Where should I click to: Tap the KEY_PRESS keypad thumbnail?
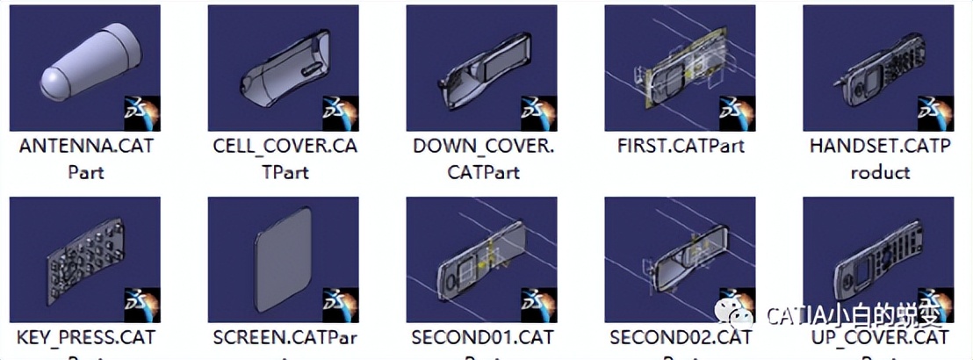click(x=85, y=260)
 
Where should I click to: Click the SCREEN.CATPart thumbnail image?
click(x=283, y=260)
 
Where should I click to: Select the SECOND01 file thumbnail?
click(x=481, y=260)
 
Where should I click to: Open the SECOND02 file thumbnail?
click(x=681, y=260)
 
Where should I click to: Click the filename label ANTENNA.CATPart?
click(x=85, y=158)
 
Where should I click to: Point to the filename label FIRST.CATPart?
click(x=681, y=146)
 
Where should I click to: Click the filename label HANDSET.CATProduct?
click(x=879, y=158)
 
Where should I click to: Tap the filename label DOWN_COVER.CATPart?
click(x=483, y=158)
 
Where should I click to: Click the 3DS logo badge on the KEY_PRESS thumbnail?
click(x=142, y=305)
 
